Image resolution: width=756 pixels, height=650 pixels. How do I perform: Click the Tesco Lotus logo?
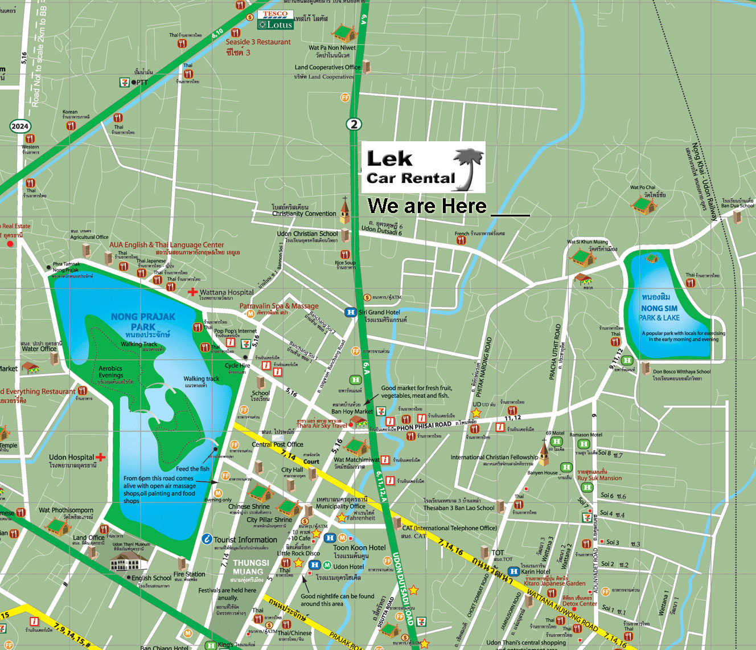pyautogui.click(x=276, y=20)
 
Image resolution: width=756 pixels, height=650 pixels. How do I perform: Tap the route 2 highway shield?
pyautogui.click(x=354, y=124)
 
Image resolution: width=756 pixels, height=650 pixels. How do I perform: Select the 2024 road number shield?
pyautogui.click(x=20, y=126)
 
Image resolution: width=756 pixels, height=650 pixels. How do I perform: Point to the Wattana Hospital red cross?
pyautogui.click(x=193, y=292)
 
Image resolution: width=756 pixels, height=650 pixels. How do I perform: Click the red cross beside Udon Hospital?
pyautogui.click(x=101, y=457)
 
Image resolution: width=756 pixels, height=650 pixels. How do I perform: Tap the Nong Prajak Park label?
pyautogui.click(x=143, y=321)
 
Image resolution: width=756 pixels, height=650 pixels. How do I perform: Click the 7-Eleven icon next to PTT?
pyautogui.click(x=124, y=83)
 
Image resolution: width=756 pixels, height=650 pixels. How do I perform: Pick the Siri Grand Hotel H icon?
pyautogui.click(x=351, y=312)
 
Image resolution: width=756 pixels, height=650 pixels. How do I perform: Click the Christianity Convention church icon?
pyautogui.click(x=344, y=210)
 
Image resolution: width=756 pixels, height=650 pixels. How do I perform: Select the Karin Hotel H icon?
pyautogui.click(x=513, y=571)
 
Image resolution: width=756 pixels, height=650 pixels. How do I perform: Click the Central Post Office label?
pyautogui.click(x=277, y=444)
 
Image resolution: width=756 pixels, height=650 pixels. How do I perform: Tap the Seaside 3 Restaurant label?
pyautogui.click(x=258, y=42)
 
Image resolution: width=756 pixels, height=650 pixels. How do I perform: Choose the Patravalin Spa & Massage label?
pyautogui.click(x=279, y=306)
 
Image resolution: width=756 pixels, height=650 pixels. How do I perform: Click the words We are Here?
pyautogui.click(x=427, y=206)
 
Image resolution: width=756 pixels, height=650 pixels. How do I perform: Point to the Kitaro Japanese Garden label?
pyautogui.click(x=554, y=583)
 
